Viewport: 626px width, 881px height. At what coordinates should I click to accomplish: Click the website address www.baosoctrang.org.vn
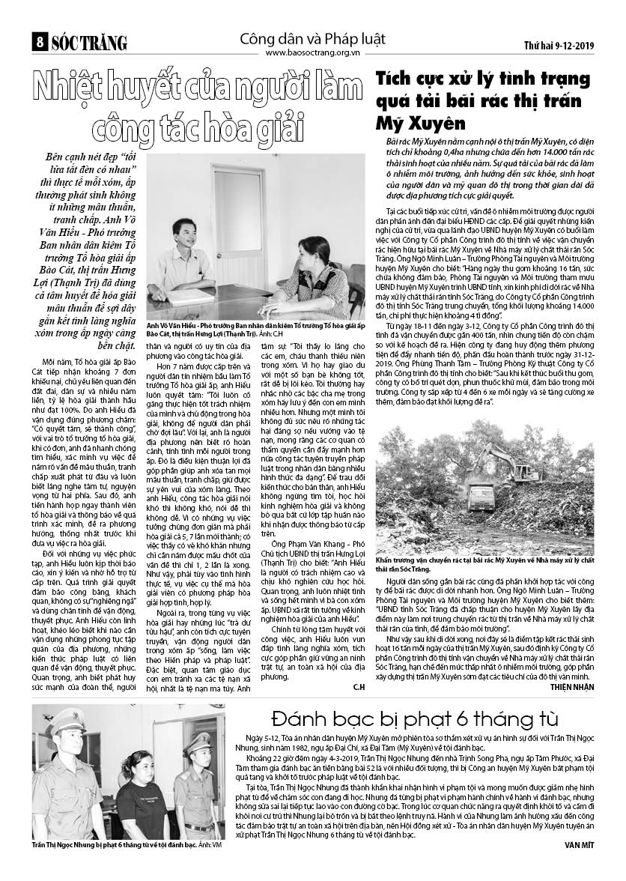click(312, 53)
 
